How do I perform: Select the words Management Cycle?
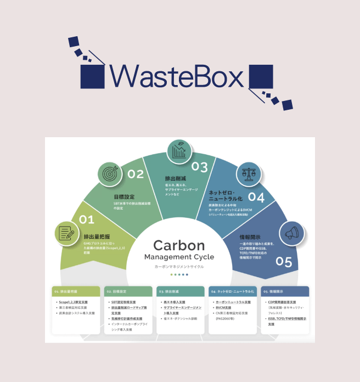click(179, 257)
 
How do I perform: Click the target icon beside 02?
click(110, 174)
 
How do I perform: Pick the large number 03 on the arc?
click(200, 167)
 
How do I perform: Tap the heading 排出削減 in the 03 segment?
click(176, 179)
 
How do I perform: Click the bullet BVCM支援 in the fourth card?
click(224, 307)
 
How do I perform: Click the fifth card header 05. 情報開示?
click(286, 291)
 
